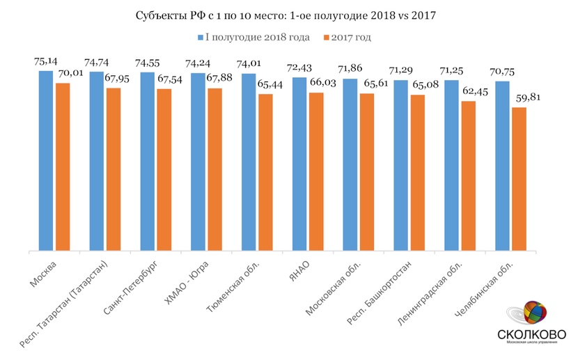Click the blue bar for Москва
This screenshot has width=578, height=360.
[46, 160]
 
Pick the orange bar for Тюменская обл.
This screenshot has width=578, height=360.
[265, 172]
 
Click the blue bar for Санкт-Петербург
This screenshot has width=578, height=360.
[147, 161]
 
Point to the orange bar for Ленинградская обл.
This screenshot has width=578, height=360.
[468, 175]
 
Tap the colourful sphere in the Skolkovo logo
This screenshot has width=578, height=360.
[533, 311]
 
